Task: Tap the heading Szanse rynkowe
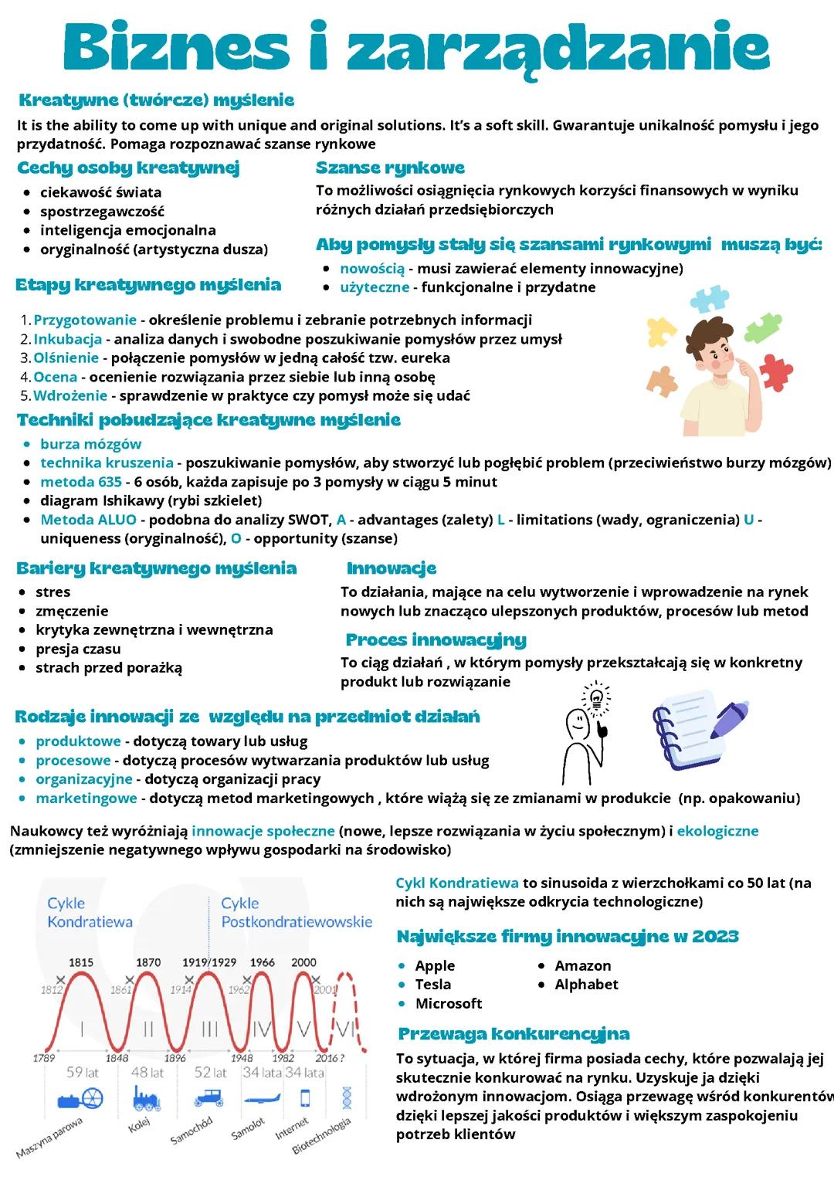(x=390, y=168)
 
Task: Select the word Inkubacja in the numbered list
(x=67, y=339)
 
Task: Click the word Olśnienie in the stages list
(x=66, y=358)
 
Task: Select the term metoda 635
(x=80, y=482)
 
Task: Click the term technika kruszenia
(x=107, y=463)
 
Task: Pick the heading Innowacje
(x=392, y=568)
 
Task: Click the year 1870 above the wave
(x=148, y=962)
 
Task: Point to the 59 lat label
(x=82, y=1072)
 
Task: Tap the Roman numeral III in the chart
(x=209, y=1029)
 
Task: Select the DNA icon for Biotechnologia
(x=345, y=1097)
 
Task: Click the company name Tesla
(x=432, y=984)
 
